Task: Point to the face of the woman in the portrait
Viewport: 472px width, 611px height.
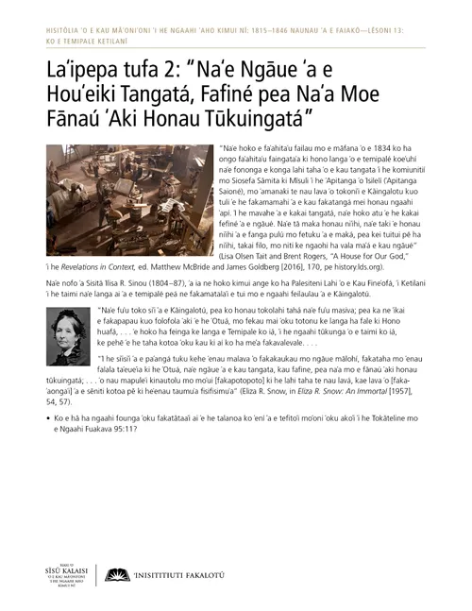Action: click(67, 327)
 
